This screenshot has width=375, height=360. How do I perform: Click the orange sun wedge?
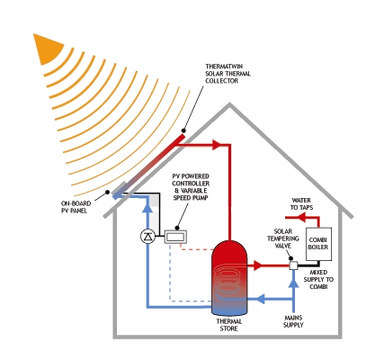[x=47, y=49]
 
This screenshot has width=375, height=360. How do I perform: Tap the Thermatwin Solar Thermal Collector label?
[x=228, y=74]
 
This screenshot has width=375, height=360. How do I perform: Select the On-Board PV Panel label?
[x=76, y=207]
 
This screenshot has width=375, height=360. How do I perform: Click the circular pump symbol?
[x=147, y=237]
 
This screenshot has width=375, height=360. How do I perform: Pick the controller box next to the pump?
[x=175, y=237]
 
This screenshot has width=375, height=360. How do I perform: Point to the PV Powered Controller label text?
[x=191, y=187]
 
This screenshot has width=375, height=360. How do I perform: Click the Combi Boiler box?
[x=318, y=244]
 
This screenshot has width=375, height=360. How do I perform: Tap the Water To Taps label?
[x=301, y=203]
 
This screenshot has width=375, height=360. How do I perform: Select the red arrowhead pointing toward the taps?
[x=301, y=217]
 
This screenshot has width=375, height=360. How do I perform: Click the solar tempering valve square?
[x=293, y=265]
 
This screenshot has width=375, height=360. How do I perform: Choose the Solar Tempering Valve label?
[x=283, y=238]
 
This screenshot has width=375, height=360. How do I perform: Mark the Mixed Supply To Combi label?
[x=318, y=279]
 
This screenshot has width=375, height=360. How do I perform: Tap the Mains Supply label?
[x=293, y=321]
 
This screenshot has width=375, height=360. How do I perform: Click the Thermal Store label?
[x=229, y=325]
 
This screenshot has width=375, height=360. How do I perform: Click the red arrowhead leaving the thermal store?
[x=258, y=265]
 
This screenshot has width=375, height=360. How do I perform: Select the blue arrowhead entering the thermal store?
[x=261, y=299]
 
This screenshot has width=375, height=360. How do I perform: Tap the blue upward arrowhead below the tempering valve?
[x=293, y=283]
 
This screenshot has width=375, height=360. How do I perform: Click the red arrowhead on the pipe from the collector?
[x=217, y=145]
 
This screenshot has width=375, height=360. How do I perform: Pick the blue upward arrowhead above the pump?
[x=147, y=208]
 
